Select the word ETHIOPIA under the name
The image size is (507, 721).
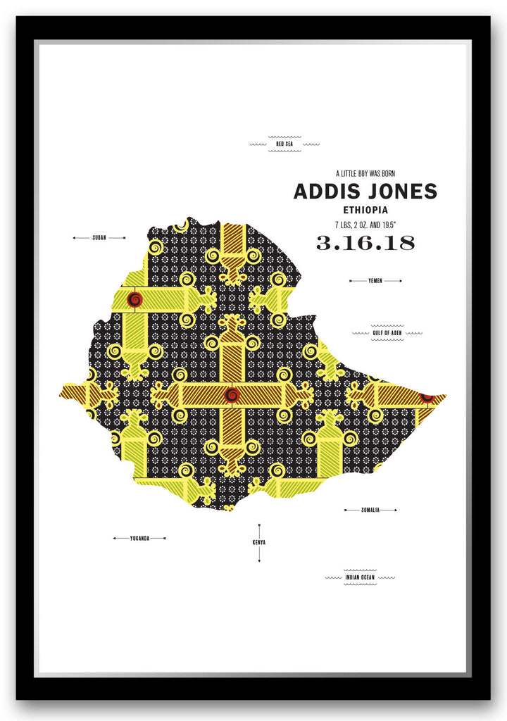[365, 210]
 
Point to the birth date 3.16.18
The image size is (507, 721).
[365, 244]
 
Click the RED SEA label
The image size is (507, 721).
[284, 144]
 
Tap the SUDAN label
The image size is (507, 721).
[99, 238]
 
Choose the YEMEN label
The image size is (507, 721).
[375, 281]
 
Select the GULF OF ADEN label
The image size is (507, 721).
[387, 332]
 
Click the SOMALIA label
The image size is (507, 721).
[370, 510]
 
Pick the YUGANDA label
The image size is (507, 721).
[139, 539]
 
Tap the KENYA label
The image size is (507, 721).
[259, 543]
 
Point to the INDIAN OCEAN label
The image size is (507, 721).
[360, 578]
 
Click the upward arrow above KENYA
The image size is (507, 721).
[259, 526]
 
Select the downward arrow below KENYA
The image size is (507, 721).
[259, 560]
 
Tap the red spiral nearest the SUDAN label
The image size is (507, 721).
[134, 300]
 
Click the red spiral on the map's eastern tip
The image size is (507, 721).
[427, 398]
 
